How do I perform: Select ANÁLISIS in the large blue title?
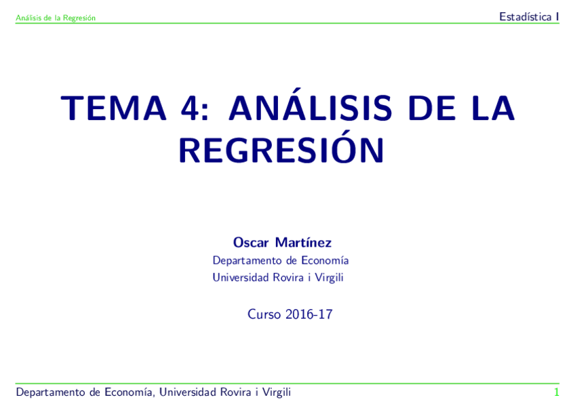(x=310, y=108)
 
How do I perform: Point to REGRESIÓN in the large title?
(x=281, y=150)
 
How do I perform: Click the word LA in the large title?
(x=490, y=108)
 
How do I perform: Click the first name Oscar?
(x=251, y=243)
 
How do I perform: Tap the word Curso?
(x=264, y=314)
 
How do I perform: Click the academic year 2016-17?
(x=309, y=314)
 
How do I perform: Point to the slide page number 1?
(x=556, y=392)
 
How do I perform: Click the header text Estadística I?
(x=529, y=17)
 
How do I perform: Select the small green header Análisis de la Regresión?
(x=56, y=18)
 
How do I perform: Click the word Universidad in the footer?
(x=188, y=392)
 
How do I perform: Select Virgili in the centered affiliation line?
(x=330, y=277)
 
